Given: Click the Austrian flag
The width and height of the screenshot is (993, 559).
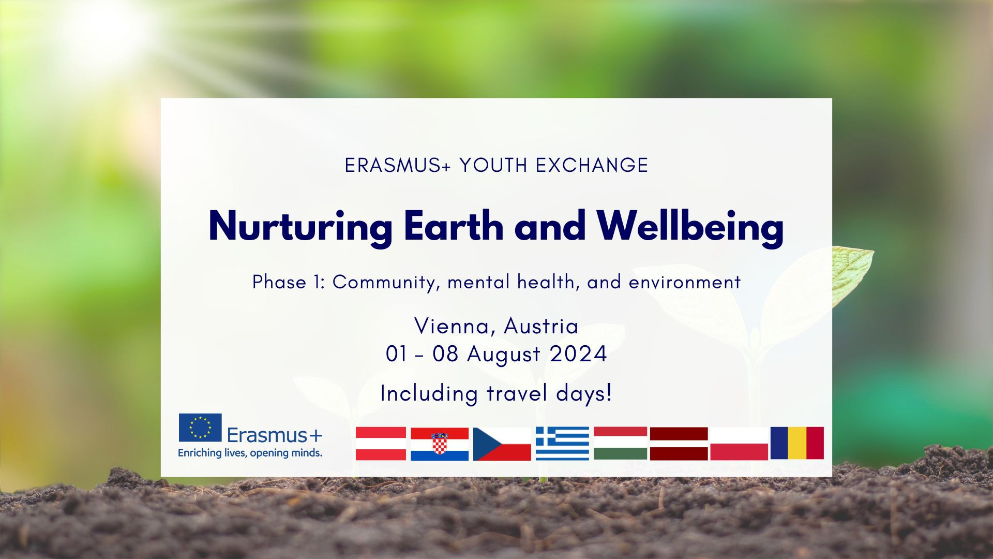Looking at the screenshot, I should click(381, 444).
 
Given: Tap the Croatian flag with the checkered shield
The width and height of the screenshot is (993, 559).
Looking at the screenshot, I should click(440, 444).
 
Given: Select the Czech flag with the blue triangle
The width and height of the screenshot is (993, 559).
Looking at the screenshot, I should click(502, 444).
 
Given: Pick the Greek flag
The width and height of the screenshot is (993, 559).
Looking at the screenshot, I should click(562, 444).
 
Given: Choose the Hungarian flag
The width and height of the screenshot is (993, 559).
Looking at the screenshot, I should click(620, 443).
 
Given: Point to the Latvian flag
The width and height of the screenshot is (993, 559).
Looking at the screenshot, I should click(679, 444).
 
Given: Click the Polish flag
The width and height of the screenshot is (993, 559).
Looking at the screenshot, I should click(739, 444).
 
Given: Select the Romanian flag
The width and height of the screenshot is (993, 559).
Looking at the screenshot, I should click(797, 443).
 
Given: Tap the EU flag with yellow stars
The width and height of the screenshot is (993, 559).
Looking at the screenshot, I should click(200, 428).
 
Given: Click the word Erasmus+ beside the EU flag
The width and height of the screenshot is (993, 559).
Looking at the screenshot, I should click(274, 436).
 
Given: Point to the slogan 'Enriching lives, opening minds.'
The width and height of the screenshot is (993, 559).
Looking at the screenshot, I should click(250, 453).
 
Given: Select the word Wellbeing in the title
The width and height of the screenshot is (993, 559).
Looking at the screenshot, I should click(690, 227).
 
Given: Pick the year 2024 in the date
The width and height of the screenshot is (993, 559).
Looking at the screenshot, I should click(578, 355).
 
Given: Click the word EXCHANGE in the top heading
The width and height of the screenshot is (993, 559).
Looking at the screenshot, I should click(592, 165).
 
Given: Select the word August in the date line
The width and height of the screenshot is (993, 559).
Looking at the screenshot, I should click(504, 355).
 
